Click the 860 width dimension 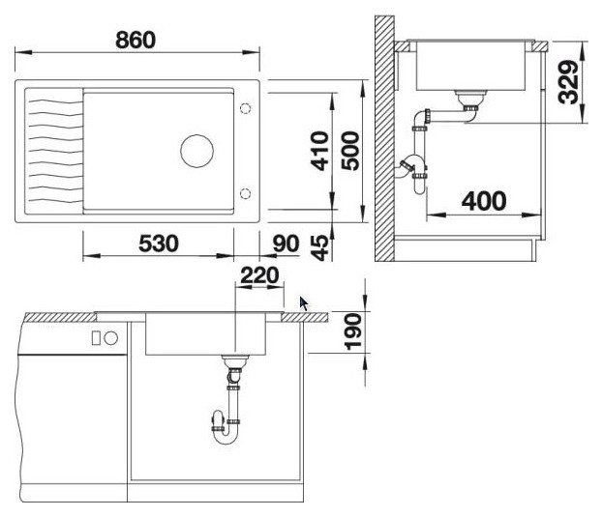(136, 40)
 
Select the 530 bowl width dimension (159, 244)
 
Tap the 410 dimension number (320, 151)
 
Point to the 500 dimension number (350, 151)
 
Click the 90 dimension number (286, 244)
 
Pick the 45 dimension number (320, 247)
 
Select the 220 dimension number (259, 275)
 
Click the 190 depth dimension (353, 332)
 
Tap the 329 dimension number (568, 82)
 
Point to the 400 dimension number (484, 201)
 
